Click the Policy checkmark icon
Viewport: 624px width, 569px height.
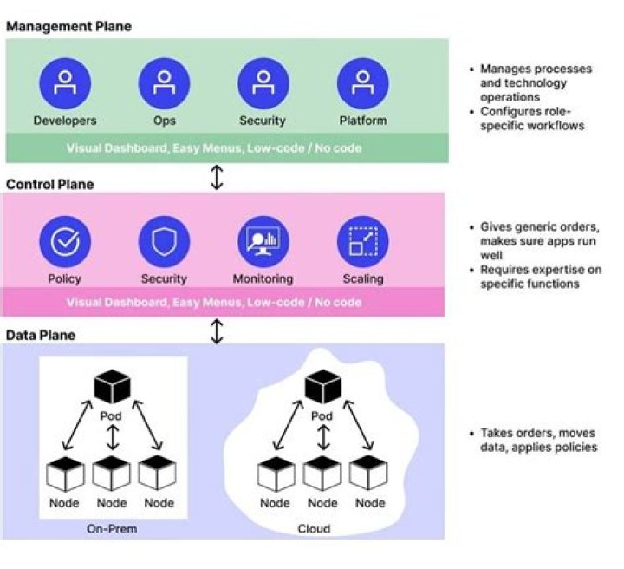[64, 242]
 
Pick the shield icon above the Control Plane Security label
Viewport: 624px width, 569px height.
[164, 242]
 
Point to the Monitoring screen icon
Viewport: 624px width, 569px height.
[263, 242]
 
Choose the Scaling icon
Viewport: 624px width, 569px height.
[363, 242]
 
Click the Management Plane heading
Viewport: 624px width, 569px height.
[68, 26]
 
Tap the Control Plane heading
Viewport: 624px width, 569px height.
[50, 185]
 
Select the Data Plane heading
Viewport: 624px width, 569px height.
[42, 335]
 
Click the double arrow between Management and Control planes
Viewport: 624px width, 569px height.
[218, 178]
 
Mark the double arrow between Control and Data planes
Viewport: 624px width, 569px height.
[218, 330]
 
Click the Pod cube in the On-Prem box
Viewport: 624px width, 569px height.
[112, 387]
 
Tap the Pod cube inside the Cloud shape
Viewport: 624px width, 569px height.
[322, 387]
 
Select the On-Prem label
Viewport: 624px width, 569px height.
[112, 529]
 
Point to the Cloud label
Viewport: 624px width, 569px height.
[314, 529]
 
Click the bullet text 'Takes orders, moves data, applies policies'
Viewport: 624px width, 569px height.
[537, 440]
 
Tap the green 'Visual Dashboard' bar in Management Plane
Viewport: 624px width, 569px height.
[214, 148]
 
